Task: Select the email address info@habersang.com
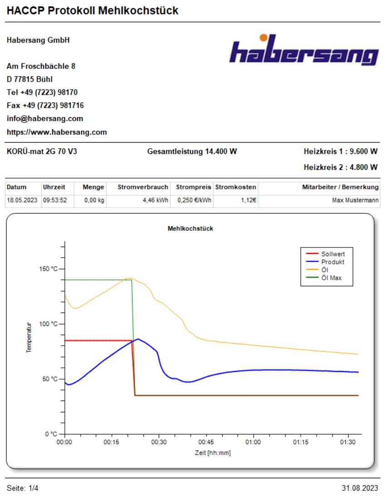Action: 45,119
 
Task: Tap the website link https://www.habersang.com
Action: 57,133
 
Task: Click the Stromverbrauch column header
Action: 143,187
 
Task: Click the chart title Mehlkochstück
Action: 191,228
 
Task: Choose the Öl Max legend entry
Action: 331,278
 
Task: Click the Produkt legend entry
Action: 333,262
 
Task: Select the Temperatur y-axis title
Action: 29,338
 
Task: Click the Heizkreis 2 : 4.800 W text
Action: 340,167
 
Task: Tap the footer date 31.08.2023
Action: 360,488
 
